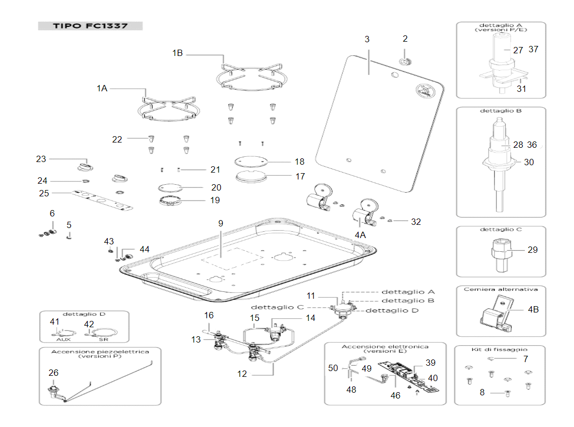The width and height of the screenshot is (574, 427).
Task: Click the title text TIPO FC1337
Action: tap(90, 26)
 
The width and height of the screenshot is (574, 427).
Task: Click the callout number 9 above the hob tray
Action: tap(221, 223)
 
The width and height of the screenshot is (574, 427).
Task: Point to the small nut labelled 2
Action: tap(405, 61)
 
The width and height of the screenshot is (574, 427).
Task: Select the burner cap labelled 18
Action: tap(251, 161)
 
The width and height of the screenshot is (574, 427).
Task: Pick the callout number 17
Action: tap(300, 176)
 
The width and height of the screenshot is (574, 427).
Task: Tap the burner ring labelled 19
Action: tap(170, 201)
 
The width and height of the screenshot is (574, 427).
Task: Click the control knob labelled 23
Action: tap(86, 167)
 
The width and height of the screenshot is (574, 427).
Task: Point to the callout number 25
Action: tap(44, 193)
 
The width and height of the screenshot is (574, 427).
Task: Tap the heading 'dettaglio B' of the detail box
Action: tap(501, 110)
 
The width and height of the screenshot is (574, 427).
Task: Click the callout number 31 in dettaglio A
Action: tap(521, 89)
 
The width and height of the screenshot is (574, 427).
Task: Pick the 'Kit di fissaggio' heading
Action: tap(500, 349)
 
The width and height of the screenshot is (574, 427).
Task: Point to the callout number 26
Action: tap(53, 373)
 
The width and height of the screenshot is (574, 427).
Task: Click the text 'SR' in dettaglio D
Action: tap(103, 339)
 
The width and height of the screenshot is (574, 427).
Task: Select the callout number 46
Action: tap(396, 395)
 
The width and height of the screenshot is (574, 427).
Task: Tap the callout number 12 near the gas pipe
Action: tap(242, 374)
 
